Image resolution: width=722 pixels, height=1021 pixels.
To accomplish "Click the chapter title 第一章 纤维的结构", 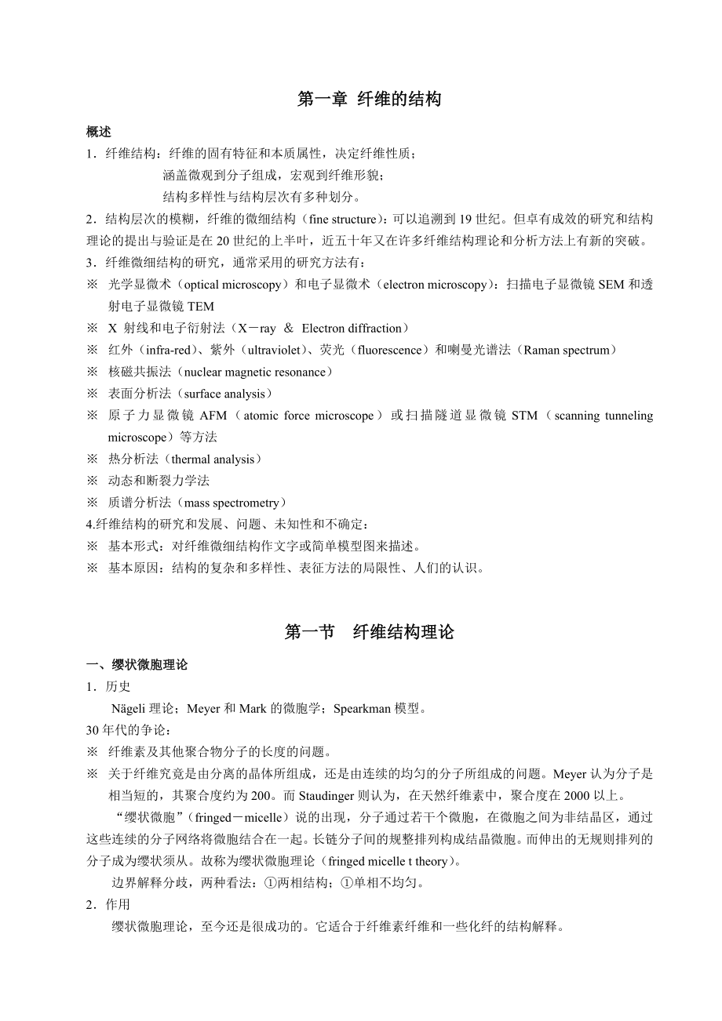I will [x=369, y=99].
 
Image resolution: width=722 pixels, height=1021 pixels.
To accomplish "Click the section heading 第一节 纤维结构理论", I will [x=369, y=632].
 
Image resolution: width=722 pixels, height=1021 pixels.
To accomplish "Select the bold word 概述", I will [x=98, y=132].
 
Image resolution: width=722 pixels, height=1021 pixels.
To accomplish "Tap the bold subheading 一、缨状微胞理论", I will [x=137, y=665].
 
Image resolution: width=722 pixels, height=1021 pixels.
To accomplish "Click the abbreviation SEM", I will [x=611, y=285].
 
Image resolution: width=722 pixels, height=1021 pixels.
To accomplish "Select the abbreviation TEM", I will [x=200, y=307].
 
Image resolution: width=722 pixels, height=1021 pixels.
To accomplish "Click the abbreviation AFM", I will [x=213, y=416].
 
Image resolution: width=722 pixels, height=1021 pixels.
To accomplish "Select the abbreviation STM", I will [x=524, y=416].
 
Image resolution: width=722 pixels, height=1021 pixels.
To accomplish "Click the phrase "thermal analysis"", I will [x=218, y=460].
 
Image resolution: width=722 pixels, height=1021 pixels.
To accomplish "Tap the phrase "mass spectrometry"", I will [x=230, y=503].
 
